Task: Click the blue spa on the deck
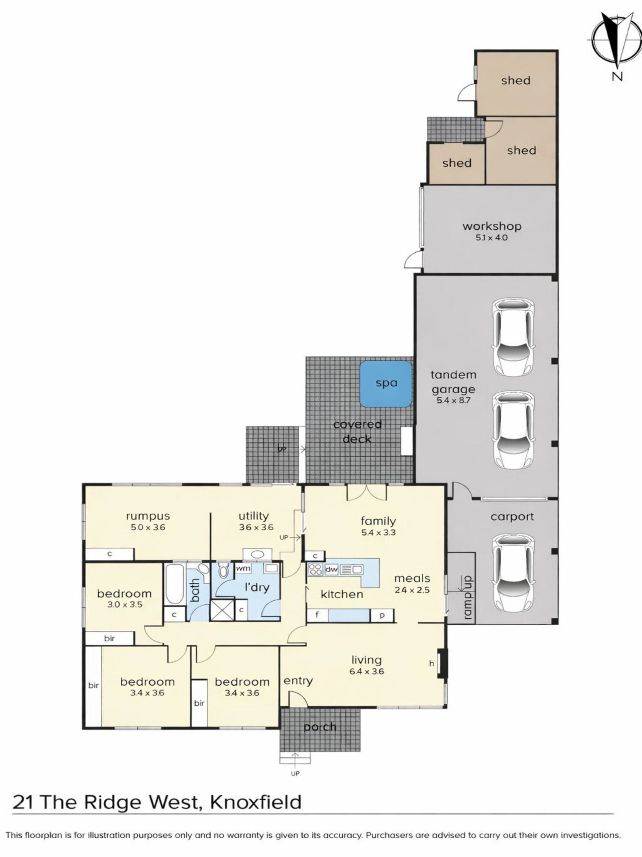[386, 384]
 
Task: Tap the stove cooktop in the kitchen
[315, 569]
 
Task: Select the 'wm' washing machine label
[243, 568]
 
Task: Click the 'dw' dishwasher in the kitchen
[331, 569]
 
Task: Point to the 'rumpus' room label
[148, 517]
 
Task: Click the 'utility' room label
[253, 516]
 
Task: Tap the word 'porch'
[320, 727]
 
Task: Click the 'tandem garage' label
[453, 382]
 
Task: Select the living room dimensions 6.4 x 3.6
[366, 672]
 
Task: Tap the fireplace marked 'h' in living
[442, 663]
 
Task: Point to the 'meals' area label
[412, 578]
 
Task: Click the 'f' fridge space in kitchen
[317, 615]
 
